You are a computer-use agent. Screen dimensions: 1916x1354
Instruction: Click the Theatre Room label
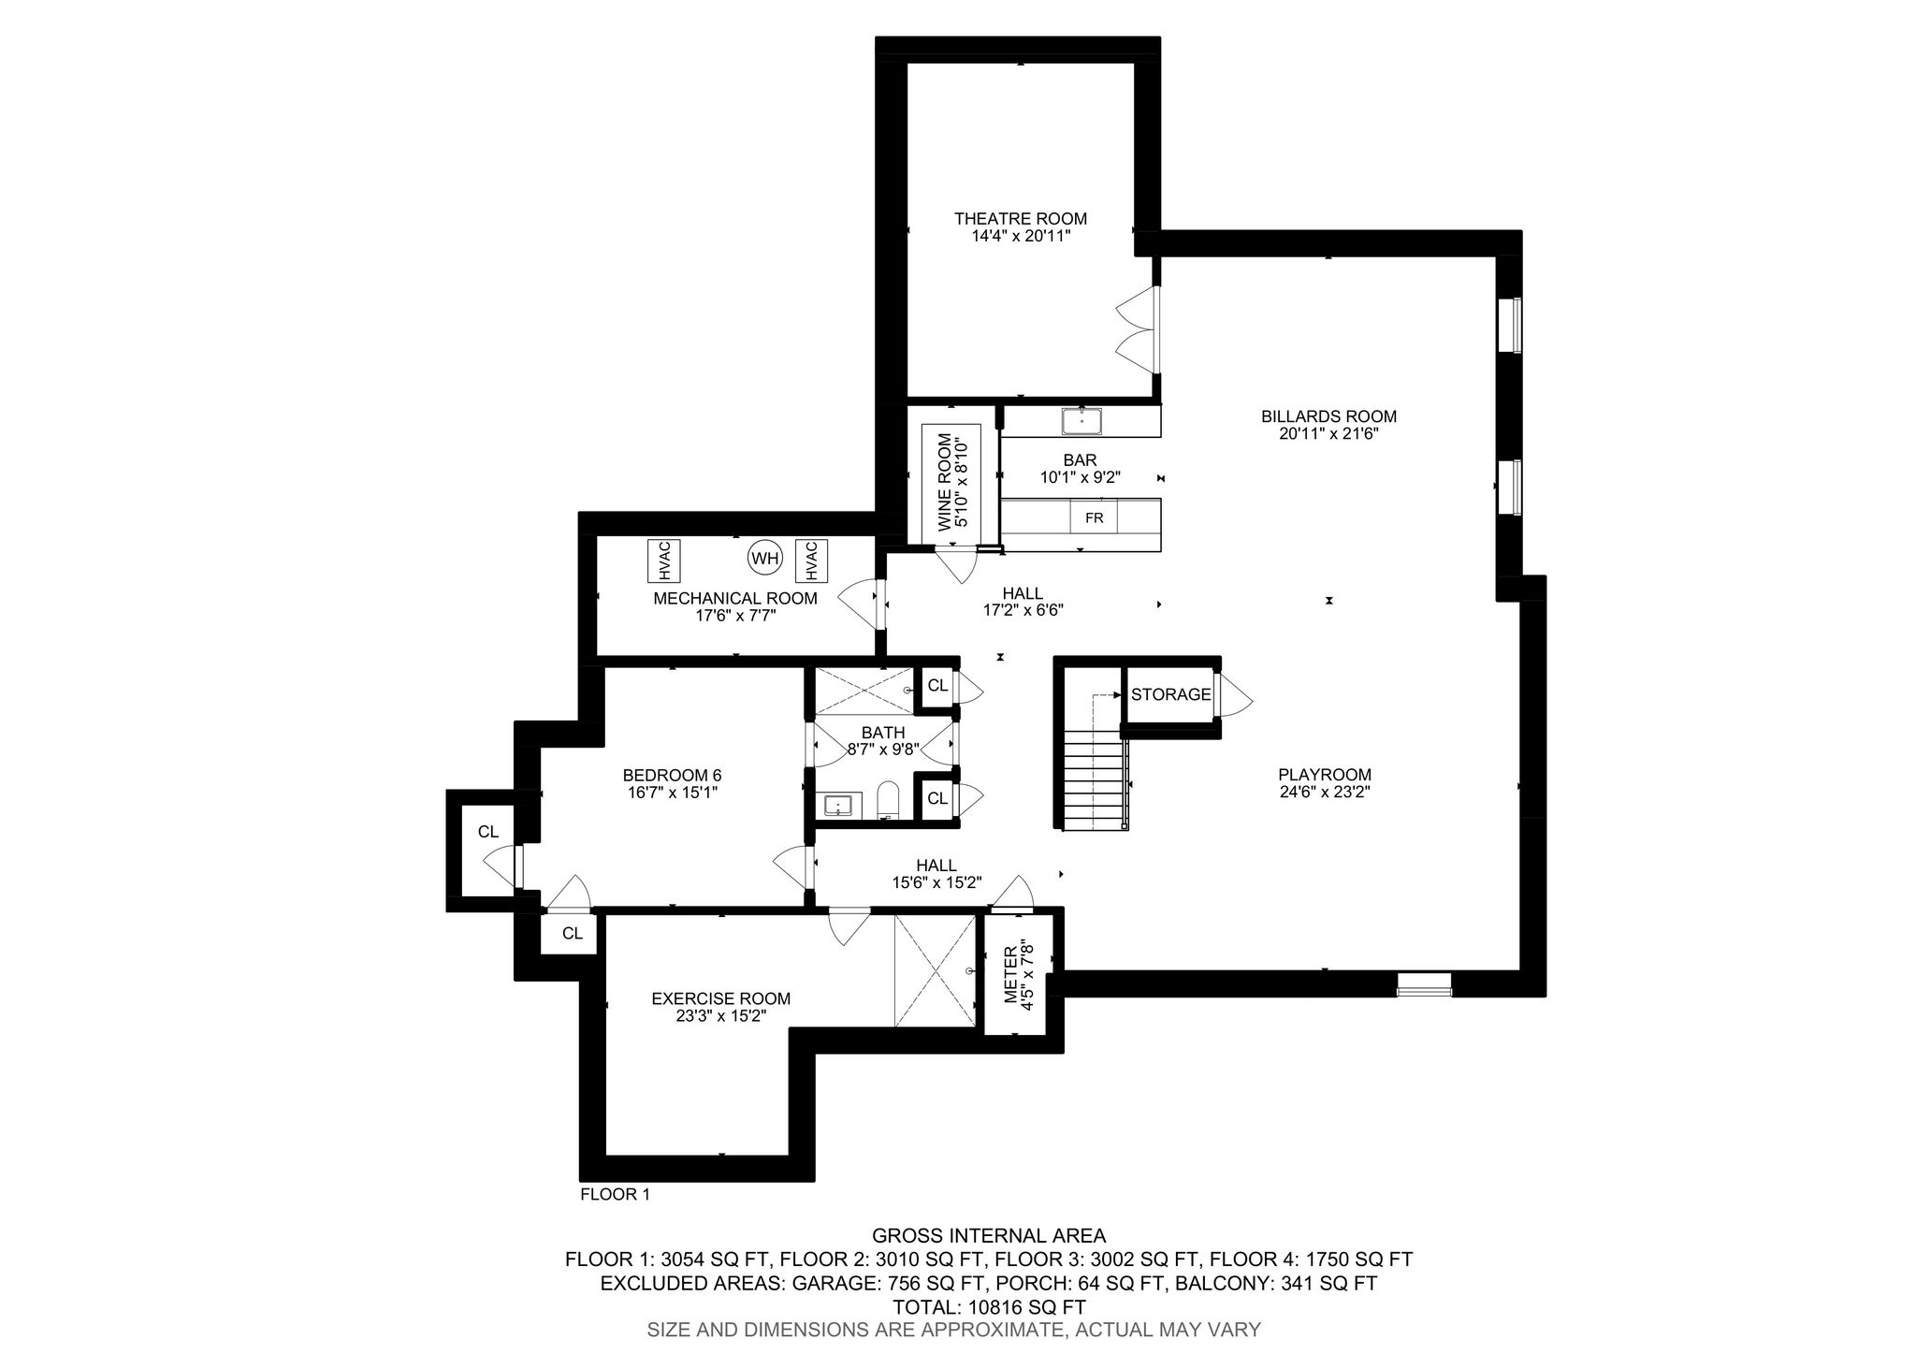pos(1020,219)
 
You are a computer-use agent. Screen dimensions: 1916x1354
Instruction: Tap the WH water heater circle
pos(764,559)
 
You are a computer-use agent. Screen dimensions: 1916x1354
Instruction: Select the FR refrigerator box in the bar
pos(1094,517)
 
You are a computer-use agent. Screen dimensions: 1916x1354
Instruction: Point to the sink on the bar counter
pos(1081,422)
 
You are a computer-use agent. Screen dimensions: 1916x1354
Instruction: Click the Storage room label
pos(1170,694)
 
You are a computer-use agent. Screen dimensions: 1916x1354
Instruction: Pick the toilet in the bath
pos(888,800)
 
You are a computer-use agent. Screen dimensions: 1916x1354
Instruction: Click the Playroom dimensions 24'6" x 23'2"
pos(1325,792)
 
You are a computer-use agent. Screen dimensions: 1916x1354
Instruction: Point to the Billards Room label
pos(1328,416)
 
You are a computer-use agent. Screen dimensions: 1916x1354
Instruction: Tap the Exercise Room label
pos(721,998)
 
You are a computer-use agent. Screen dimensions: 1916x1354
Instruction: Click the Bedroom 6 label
pos(672,775)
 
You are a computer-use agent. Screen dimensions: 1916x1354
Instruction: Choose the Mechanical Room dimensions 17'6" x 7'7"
pos(735,616)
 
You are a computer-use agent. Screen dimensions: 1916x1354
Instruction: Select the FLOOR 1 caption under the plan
pos(615,1194)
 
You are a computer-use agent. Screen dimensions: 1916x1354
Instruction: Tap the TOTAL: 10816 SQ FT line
pos(989,1307)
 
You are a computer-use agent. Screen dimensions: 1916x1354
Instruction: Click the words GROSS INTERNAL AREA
pos(989,1236)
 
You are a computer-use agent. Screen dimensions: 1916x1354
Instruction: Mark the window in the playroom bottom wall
pos(1424,983)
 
